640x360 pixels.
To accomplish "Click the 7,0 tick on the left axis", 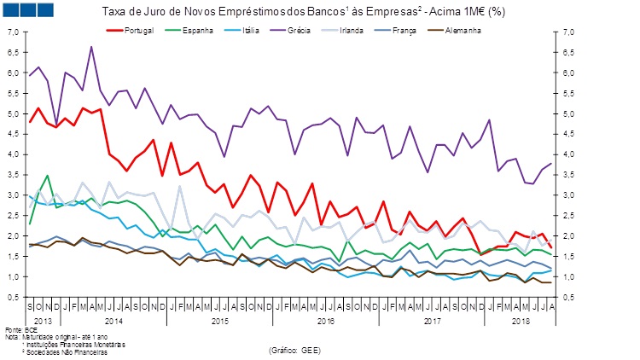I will click(13, 32).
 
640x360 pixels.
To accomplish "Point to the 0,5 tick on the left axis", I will click(13, 298).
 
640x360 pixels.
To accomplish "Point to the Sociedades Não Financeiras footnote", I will click(72, 351).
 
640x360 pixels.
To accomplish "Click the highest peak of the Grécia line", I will click(91, 47).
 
